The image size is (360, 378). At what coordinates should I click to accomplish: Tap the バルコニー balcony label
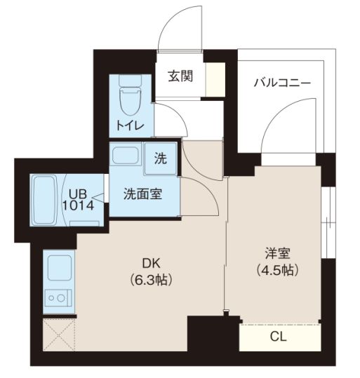pyautogui.click(x=281, y=82)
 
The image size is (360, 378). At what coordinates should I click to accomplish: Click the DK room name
pyautogui.click(x=152, y=264)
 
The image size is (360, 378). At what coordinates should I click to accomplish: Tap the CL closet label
pyautogui.click(x=279, y=337)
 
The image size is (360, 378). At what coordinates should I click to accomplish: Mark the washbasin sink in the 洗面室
pyautogui.click(x=126, y=156)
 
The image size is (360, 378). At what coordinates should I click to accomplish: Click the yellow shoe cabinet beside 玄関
pyautogui.click(x=215, y=77)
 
